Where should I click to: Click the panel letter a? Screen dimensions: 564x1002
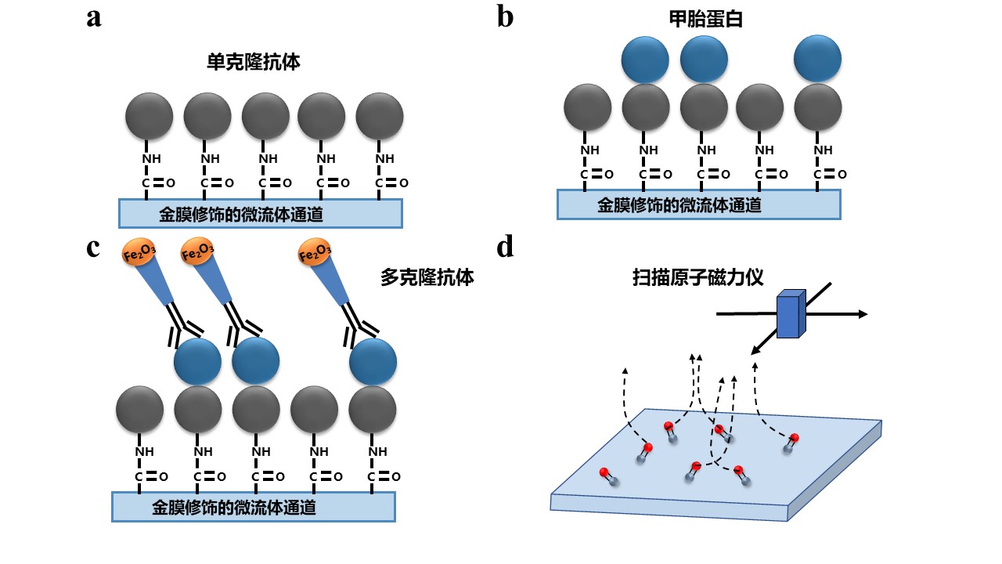pyautogui.click(x=94, y=17)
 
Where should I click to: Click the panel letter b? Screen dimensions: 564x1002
pyautogui.click(x=506, y=16)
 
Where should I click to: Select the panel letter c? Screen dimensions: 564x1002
pyautogui.click(x=94, y=247)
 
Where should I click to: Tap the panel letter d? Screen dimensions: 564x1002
pyautogui.click(x=506, y=247)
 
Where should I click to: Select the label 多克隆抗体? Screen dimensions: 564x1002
pyautogui.click(x=427, y=277)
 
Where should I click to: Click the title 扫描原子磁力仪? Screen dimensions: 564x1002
pyautogui.click(x=698, y=277)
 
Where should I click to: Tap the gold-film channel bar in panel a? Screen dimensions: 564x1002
pyautogui.click(x=261, y=213)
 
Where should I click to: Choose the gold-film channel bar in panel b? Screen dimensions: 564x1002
pyautogui.click(x=698, y=204)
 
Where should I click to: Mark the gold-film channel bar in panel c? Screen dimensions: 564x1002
pyautogui.click(x=253, y=507)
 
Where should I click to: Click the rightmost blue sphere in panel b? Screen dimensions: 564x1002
pyautogui.click(x=817, y=59)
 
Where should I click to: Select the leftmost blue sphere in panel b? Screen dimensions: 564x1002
pyautogui.click(x=645, y=59)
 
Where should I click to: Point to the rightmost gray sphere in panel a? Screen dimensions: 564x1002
pyautogui.click(x=380, y=116)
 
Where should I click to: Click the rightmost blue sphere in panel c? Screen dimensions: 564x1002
pyautogui.click(x=373, y=362)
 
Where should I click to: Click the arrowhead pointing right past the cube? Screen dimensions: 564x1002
pyautogui.click(x=863, y=314)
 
